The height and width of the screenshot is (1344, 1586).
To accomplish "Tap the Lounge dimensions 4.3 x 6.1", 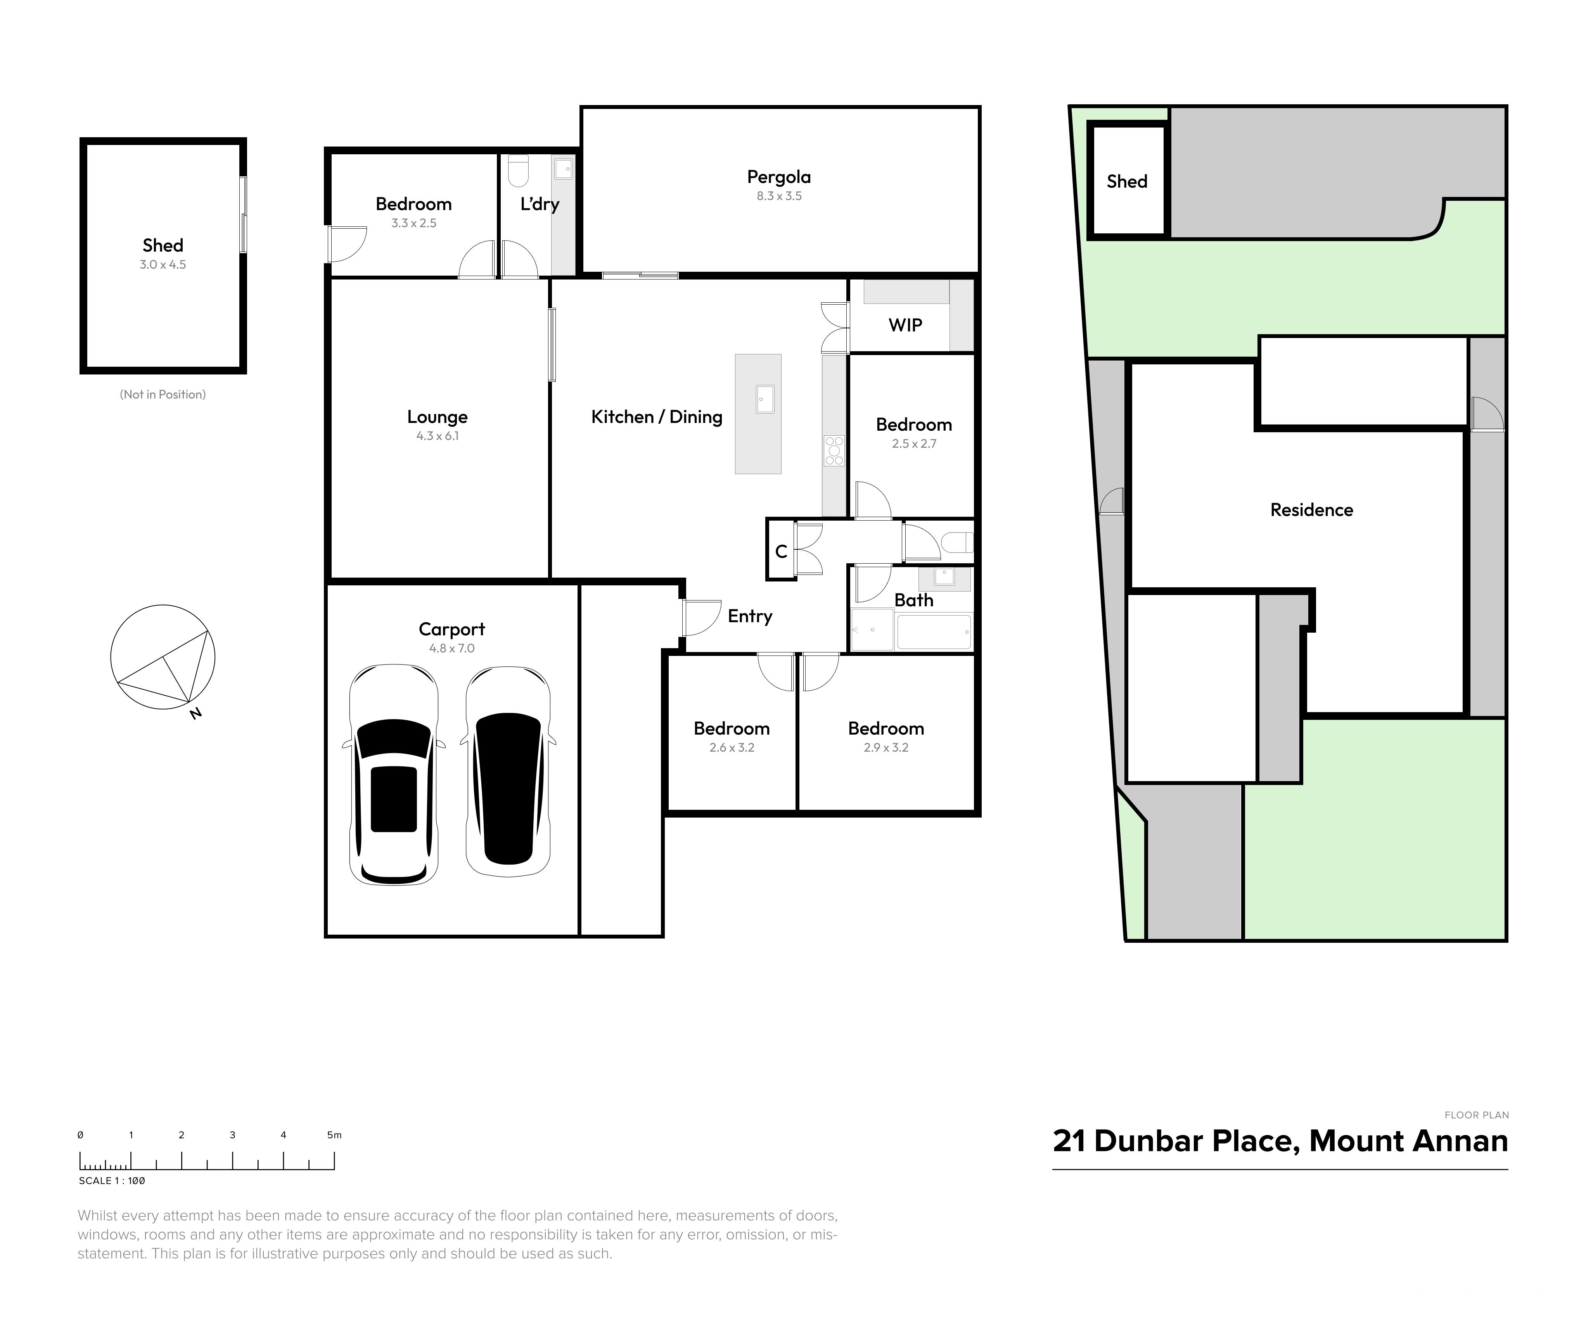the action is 438,436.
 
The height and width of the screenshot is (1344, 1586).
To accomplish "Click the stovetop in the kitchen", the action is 834,450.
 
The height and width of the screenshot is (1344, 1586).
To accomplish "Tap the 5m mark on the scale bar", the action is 334,1135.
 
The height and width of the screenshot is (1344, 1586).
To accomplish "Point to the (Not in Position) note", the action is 163,395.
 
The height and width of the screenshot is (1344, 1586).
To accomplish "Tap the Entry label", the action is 750,616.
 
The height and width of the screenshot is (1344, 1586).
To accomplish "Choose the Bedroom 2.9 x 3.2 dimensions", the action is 886,747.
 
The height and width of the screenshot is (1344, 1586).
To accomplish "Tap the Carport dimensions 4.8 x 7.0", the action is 452,649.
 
